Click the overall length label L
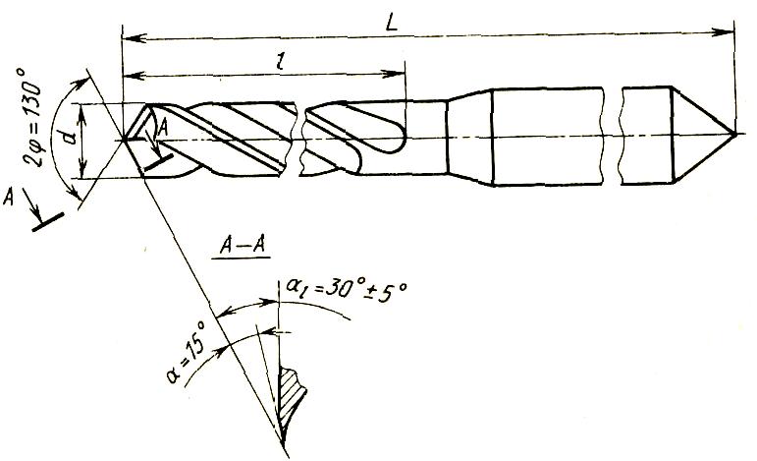point(391,24)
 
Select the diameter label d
point(67,137)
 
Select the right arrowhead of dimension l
point(400,74)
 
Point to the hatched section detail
point(292,393)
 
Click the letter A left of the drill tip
point(10,199)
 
